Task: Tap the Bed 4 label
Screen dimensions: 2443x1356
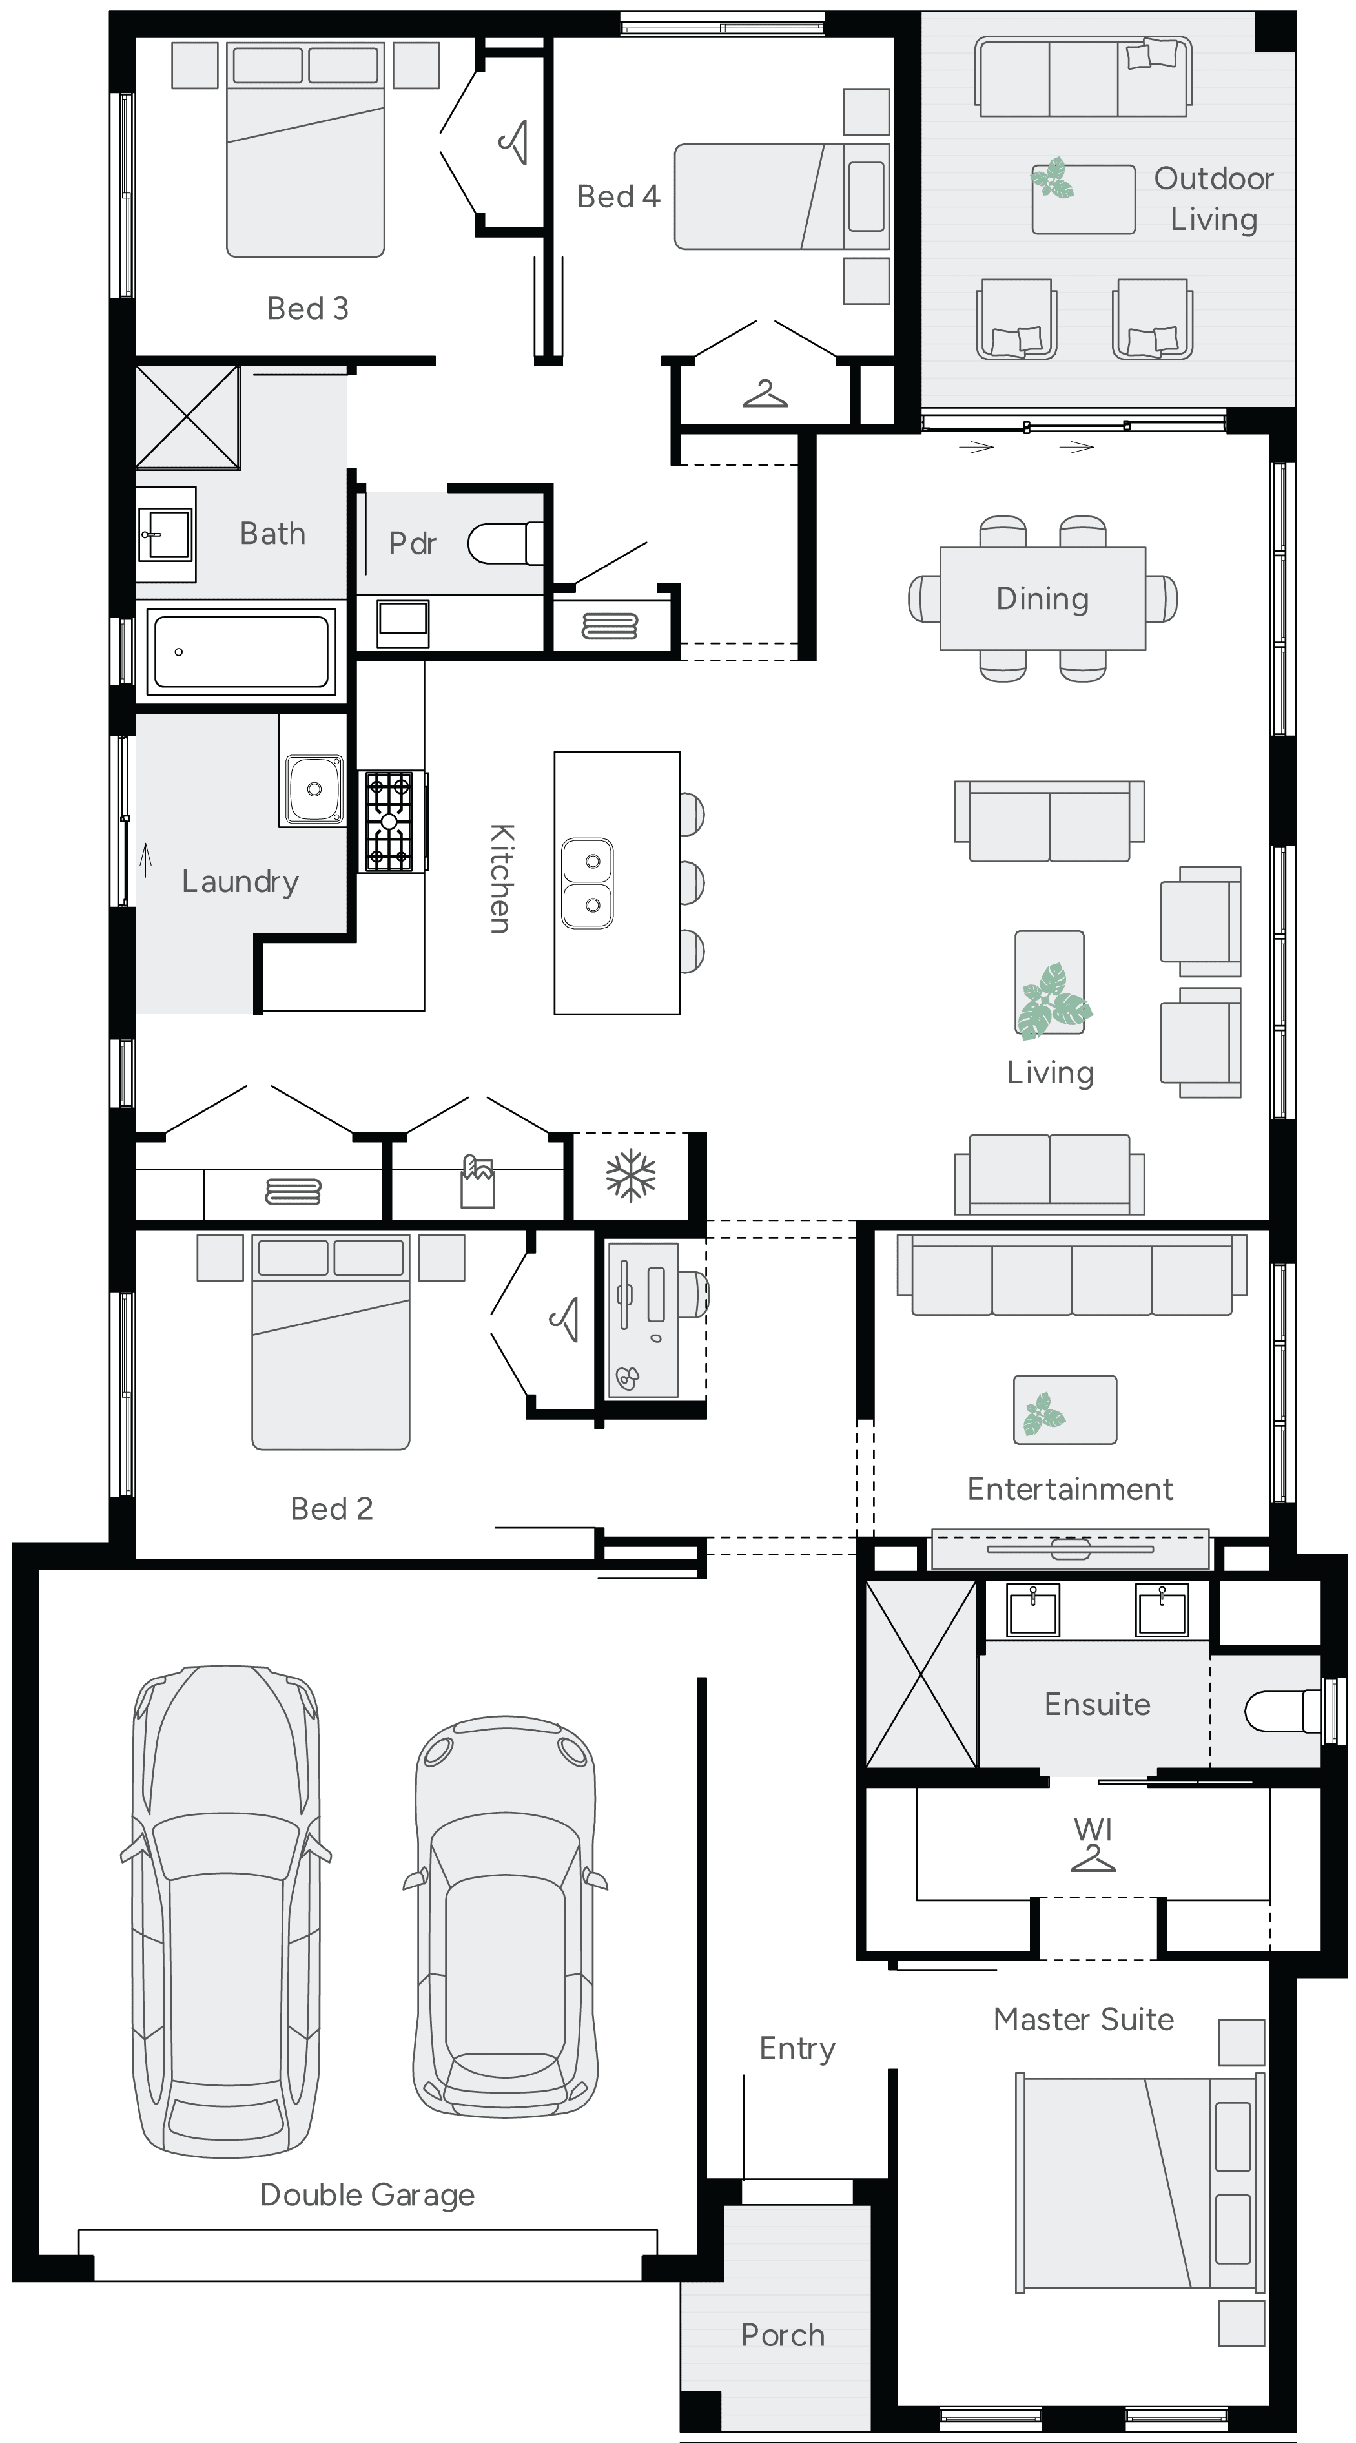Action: click(618, 196)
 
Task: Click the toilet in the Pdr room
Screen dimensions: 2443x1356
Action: click(502, 543)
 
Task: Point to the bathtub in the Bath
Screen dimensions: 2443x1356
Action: click(241, 652)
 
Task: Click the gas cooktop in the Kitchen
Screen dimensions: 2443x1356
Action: click(390, 821)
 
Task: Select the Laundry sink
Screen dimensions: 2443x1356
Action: click(313, 789)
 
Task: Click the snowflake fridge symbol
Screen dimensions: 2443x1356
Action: click(631, 1176)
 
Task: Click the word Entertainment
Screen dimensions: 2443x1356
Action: click(1070, 1489)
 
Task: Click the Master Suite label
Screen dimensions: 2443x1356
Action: click(1083, 2019)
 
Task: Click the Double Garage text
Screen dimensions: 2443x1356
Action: click(367, 2194)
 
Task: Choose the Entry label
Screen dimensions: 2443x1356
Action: click(797, 2048)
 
